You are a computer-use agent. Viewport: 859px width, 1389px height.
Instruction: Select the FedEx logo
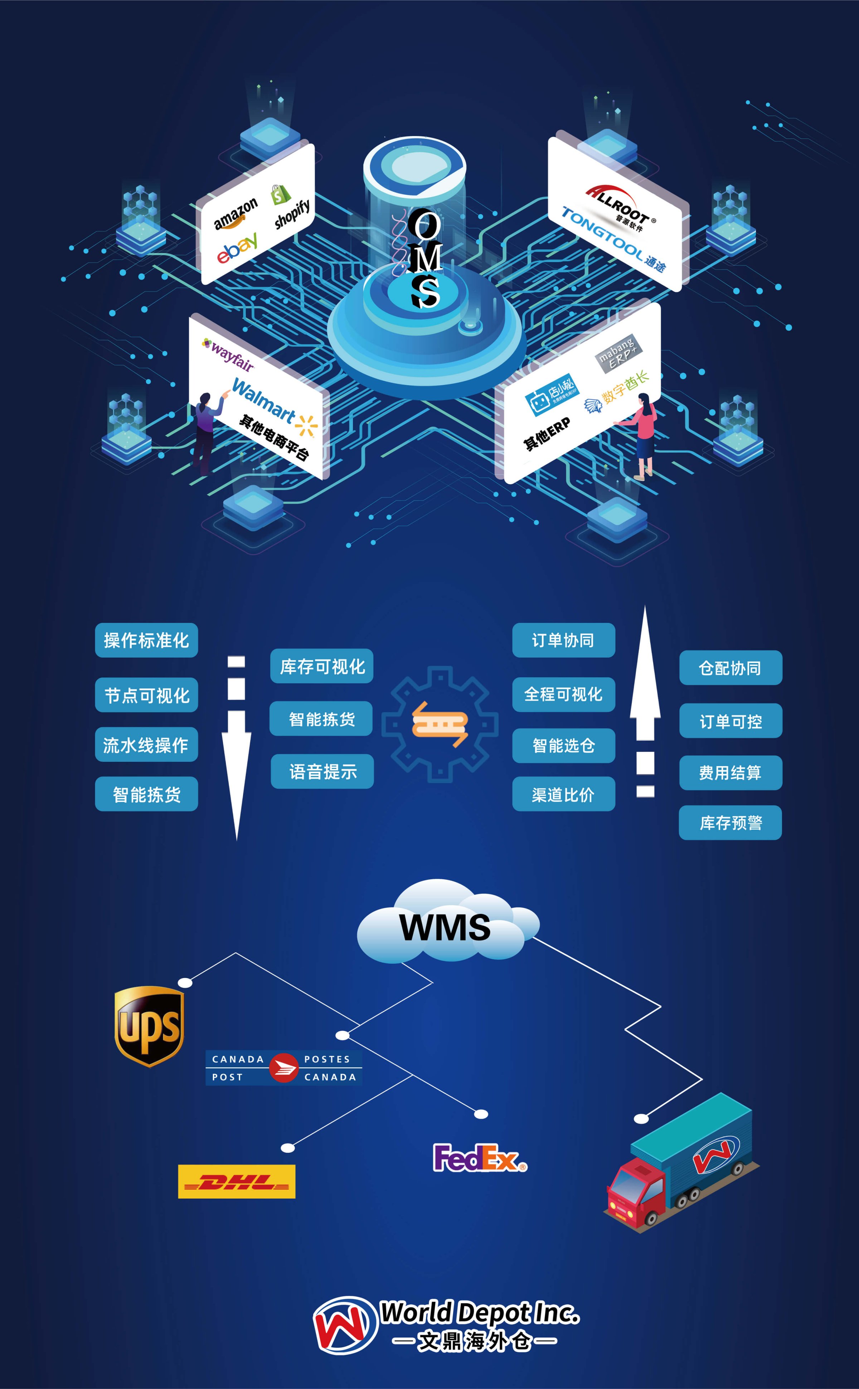click(x=479, y=1158)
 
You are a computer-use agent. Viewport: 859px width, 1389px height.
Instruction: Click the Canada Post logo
click(x=283, y=1068)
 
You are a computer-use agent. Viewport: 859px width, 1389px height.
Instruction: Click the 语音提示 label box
click(x=322, y=771)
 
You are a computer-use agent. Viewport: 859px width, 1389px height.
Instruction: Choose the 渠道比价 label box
click(x=563, y=794)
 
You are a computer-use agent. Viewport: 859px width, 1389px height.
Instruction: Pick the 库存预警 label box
click(x=730, y=823)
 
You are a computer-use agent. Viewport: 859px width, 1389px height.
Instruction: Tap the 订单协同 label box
click(x=563, y=640)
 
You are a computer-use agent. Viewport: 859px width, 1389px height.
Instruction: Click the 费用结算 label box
click(x=730, y=773)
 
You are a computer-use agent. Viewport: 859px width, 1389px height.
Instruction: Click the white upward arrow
click(x=645, y=699)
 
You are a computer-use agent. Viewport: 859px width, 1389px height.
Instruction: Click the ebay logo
click(x=237, y=248)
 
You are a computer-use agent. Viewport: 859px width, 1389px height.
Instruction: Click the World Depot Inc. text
click(x=479, y=1313)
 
